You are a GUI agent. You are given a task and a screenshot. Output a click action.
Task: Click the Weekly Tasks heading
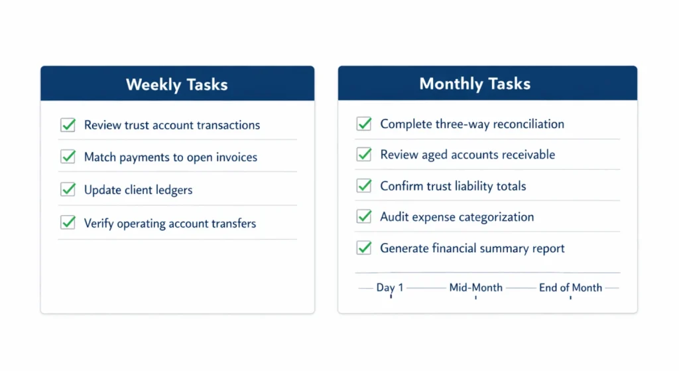(x=176, y=85)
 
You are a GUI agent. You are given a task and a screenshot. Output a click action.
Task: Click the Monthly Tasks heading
(x=475, y=84)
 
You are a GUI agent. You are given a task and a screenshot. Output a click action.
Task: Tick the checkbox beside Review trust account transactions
(x=68, y=125)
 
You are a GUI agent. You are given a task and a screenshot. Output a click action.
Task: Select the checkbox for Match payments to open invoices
(x=68, y=157)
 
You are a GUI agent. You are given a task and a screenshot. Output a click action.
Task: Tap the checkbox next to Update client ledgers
(x=68, y=189)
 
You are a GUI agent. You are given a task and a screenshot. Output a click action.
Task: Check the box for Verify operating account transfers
(x=68, y=222)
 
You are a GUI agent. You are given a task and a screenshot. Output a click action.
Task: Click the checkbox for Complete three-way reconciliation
(x=364, y=123)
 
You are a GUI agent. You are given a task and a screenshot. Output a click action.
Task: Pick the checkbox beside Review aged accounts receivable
(x=364, y=154)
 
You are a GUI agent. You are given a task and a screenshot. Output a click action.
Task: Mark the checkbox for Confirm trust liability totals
(x=364, y=185)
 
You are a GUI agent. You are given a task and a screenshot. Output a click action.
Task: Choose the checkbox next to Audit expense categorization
(x=364, y=216)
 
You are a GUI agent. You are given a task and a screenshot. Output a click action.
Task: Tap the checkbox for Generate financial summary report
(x=364, y=248)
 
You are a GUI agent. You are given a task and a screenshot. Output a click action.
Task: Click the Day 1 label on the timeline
(x=390, y=287)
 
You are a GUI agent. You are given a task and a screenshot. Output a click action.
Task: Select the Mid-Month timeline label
(x=476, y=287)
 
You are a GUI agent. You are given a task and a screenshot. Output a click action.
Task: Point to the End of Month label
(x=570, y=287)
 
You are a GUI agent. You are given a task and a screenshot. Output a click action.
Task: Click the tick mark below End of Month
(x=571, y=297)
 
